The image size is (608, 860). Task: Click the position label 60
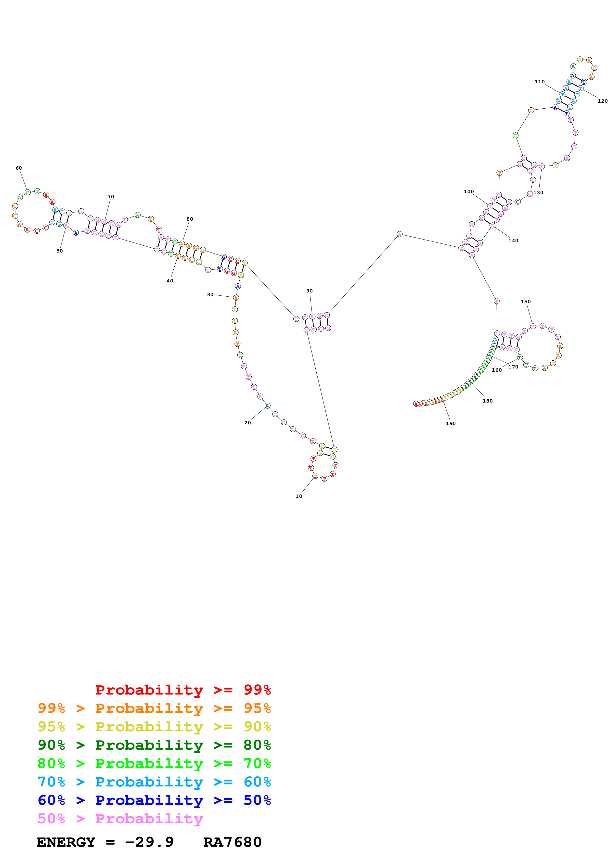(19, 168)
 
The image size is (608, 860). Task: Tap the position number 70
(111, 197)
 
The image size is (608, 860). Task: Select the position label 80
(190, 219)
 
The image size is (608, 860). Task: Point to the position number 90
(310, 291)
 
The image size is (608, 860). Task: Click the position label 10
(298, 496)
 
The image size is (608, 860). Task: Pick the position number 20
(248, 422)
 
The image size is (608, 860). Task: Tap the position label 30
(210, 294)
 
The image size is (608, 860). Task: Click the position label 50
(60, 251)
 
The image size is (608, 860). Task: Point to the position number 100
(469, 191)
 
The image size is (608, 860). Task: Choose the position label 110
(539, 82)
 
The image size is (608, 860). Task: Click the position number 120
(602, 101)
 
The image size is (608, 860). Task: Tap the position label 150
(526, 302)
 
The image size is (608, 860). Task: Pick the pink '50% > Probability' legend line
(120, 819)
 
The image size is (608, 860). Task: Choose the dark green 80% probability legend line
(154, 745)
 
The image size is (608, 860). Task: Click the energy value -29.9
(149, 842)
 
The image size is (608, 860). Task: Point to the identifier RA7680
(232, 842)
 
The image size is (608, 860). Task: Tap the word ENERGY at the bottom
(66, 842)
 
